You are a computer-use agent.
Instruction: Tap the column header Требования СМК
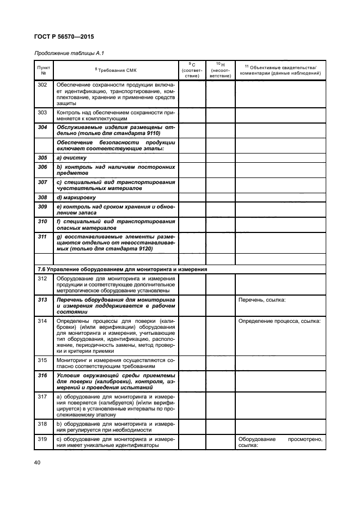point(116,71)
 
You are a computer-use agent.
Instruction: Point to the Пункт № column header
point(44,70)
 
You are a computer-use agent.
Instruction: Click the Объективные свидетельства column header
point(280,70)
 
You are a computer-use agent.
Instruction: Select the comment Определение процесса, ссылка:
point(279,321)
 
